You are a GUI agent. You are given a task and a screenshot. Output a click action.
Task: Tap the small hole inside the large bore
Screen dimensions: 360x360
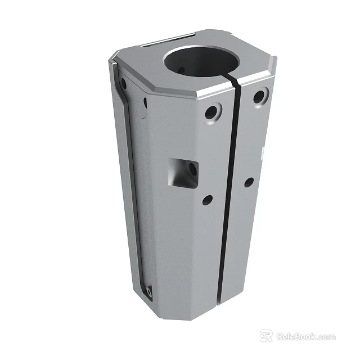click(x=181, y=70)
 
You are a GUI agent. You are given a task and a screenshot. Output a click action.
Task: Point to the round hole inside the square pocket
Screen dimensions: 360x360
click(x=192, y=169)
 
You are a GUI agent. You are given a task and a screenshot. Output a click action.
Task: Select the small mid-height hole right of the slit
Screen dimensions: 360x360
click(x=248, y=182)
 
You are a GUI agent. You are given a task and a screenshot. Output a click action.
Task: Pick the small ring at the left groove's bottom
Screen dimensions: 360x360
click(x=148, y=291)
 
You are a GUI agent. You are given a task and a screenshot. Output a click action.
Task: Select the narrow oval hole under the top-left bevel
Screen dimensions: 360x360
click(x=145, y=102)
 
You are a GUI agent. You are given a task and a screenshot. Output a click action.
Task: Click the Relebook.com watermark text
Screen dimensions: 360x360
click(x=305, y=337)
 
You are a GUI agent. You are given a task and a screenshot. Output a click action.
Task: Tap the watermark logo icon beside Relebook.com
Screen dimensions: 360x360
click(x=266, y=336)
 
